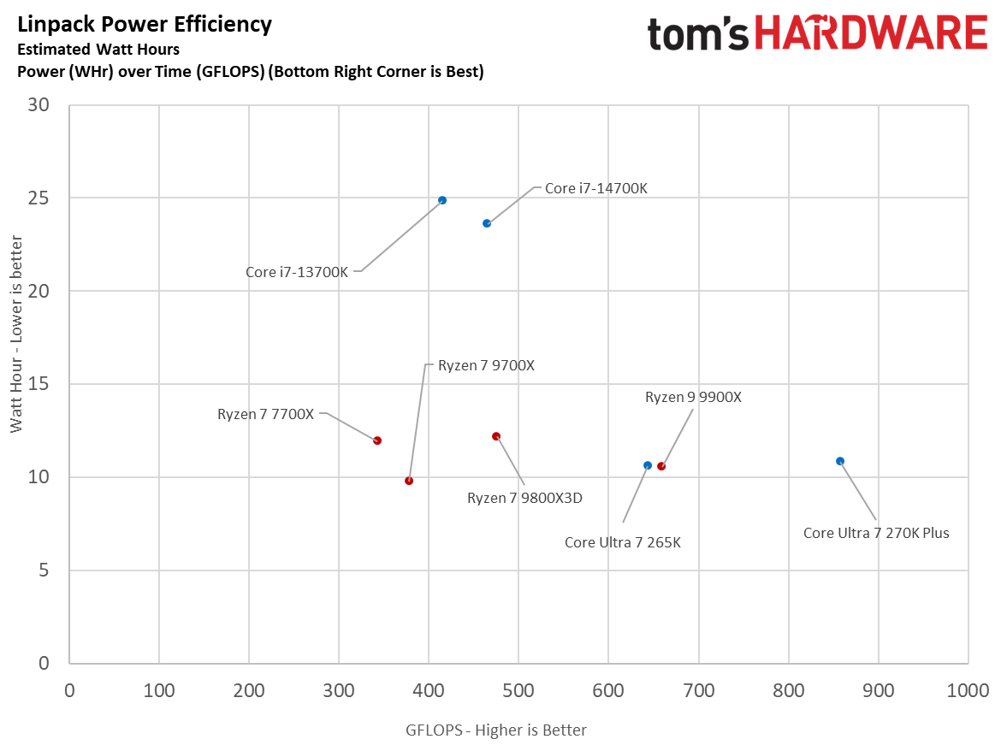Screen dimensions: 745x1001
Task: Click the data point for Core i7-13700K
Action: coord(442,200)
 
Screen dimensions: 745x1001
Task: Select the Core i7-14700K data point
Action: coord(487,223)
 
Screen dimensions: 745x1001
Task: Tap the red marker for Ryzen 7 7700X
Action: coord(377,440)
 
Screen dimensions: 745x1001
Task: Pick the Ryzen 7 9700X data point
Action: coord(409,481)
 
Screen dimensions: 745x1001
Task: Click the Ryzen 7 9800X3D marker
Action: coord(496,436)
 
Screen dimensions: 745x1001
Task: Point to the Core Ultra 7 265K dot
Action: coord(648,465)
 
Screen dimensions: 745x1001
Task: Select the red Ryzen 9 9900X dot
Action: coord(661,466)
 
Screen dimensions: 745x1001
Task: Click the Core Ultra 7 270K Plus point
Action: coord(840,461)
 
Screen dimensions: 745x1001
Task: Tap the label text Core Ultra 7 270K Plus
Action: coord(876,533)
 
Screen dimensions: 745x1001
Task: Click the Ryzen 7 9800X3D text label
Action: coord(524,498)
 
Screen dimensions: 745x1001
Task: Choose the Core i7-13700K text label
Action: coord(297,272)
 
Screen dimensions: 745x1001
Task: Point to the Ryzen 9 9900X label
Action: coord(693,397)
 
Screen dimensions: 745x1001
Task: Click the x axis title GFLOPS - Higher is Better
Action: coord(496,730)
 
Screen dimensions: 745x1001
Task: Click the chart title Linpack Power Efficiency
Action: coord(145,25)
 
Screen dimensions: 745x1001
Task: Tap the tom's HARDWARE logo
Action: coord(817,34)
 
